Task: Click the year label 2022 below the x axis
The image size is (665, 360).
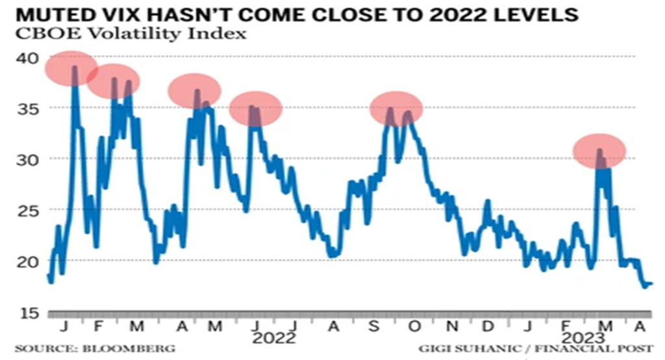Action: point(274,339)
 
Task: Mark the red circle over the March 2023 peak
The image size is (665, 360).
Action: point(599,150)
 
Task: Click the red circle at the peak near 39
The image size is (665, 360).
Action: point(71,67)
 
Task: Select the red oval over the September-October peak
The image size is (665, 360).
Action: point(396,109)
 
